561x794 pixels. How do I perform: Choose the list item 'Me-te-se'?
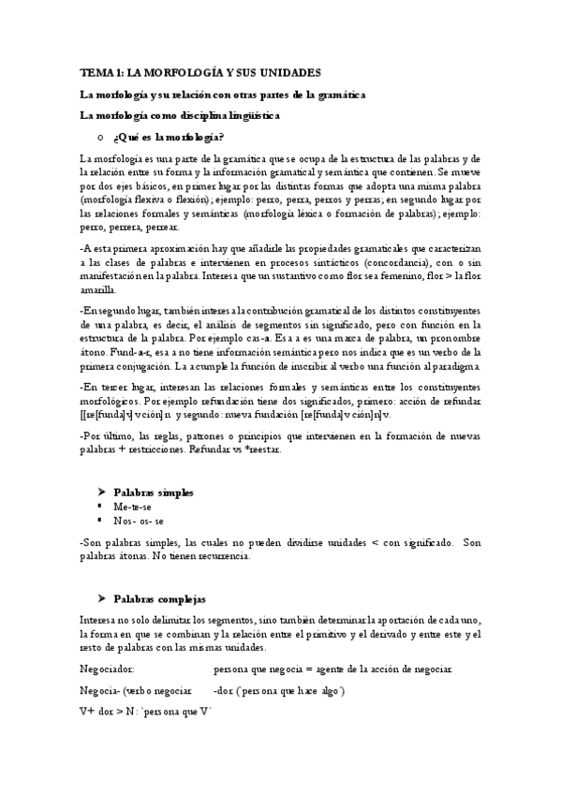133,506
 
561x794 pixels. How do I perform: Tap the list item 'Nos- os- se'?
140,520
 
